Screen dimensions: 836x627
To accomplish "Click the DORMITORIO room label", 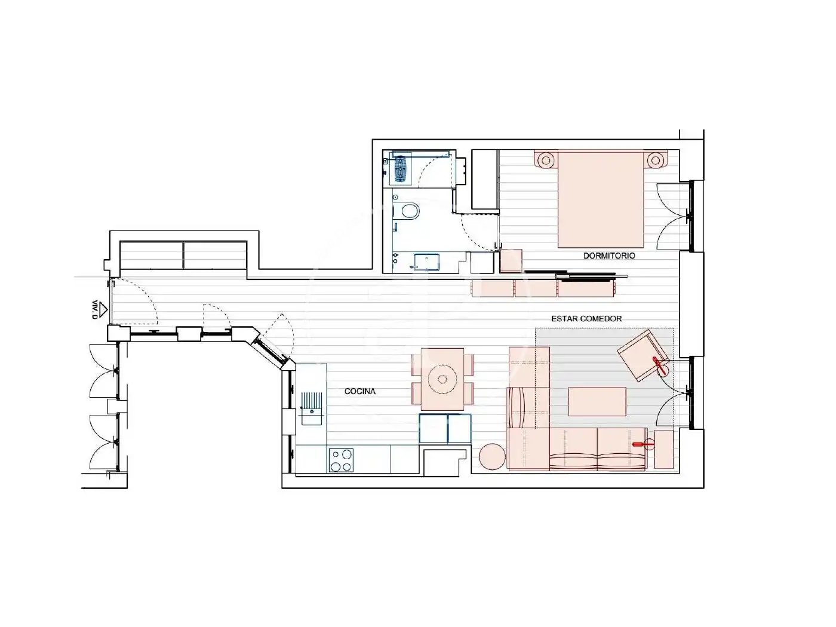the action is pos(609,256).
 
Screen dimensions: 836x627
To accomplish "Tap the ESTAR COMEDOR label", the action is pos(586,319).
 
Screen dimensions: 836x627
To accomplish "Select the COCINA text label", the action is pos(359,391).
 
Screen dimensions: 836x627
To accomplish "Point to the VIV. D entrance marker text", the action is pos(94,309).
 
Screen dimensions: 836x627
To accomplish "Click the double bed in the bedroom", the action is pos(601,199).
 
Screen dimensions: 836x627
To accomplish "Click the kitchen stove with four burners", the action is pos(340,460).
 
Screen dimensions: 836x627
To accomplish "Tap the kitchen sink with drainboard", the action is pos(312,408).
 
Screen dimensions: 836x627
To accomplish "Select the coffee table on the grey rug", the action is pos(597,401).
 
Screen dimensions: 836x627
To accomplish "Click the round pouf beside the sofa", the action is pos(493,456).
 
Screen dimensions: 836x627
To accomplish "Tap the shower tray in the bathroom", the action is pos(426,262).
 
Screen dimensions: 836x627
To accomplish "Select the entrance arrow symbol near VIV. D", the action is pos(103,308).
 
